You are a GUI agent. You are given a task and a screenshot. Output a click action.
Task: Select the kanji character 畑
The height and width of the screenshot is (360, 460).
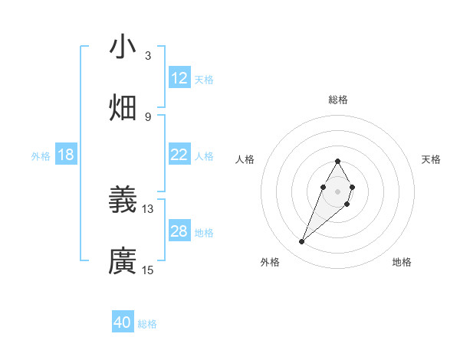click(x=123, y=107)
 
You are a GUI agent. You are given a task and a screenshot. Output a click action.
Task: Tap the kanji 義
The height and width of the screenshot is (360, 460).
click(x=123, y=200)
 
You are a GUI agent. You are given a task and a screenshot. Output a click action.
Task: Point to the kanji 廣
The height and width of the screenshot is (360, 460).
click(x=123, y=260)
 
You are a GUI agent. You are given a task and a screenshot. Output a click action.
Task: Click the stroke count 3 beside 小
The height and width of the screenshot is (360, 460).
click(x=148, y=55)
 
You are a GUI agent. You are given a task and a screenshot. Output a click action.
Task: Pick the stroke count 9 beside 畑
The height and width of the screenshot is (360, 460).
click(x=148, y=116)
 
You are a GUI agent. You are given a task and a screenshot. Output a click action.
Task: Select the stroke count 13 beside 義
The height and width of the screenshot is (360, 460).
click(x=148, y=208)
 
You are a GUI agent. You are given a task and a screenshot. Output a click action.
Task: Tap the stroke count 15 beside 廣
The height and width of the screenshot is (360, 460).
click(x=148, y=270)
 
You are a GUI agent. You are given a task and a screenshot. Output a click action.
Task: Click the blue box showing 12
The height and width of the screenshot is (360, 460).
click(x=179, y=78)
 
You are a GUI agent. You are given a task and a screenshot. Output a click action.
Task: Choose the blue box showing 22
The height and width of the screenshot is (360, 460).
click(x=179, y=155)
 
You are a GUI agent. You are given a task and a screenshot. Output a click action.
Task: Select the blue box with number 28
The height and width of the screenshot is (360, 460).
click(x=179, y=231)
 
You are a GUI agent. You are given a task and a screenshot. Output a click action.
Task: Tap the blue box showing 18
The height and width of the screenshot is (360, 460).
click(x=66, y=155)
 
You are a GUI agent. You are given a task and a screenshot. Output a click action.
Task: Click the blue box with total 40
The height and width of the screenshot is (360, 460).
click(x=123, y=322)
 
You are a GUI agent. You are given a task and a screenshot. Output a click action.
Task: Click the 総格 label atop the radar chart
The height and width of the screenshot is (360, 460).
click(x=338, y=100)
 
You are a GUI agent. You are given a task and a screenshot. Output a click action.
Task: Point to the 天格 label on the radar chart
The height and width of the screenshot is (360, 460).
click(x=432, y=159)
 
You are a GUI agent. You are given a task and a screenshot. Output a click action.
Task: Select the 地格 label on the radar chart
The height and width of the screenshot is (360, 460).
click(x=402, y=262)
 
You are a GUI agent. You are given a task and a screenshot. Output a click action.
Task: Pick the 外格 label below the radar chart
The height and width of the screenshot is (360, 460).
click(x=270, y=262)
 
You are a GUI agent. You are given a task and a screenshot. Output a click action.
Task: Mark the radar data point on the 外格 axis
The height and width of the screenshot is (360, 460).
click(x=302, y=242)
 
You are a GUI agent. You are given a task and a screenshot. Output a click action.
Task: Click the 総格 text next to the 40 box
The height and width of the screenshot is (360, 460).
click(x=147, y=323)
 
